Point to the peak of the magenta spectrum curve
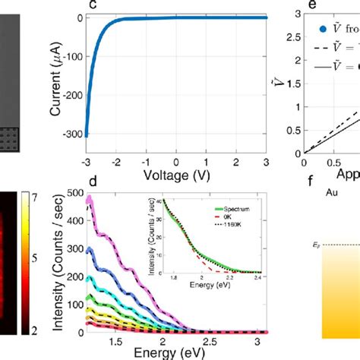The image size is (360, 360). [90, 199]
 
